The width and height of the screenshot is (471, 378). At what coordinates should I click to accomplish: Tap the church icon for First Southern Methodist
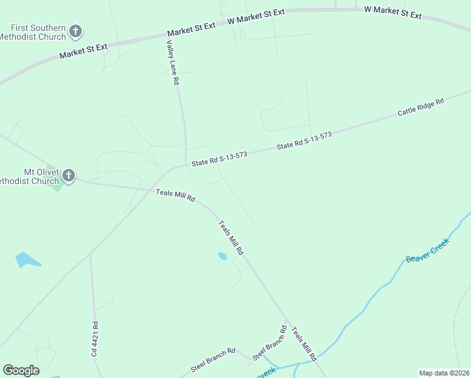pyautogui.click(x=76, y=30)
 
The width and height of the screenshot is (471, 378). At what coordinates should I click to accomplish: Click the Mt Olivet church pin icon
pyautogui.click(x=68, y=175)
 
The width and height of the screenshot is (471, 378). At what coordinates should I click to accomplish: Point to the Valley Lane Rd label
pyautogui.click(x=172, y=63)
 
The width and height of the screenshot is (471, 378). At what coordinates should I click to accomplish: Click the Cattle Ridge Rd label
pyautogui.click(x=421, y=107)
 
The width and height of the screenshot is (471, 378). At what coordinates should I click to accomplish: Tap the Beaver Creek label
pyautogui.click(x=428, y=249)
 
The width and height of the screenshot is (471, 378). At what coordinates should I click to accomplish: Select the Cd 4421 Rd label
pyautogui.click(x=95, y=340)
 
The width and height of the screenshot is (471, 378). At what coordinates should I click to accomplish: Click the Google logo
pyautogui.click(x=21, y=370)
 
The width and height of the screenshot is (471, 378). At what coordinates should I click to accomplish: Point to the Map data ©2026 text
pyautogui.click(x=443, y=373)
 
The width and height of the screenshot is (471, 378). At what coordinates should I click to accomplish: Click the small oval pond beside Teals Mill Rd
pyautogui.click(x=222, y=256)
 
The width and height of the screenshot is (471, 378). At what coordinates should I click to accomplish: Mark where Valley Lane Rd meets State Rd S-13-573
pyautogui.click(x=186, y=165)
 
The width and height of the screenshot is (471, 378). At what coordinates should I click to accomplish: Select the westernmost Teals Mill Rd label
pyautogui.click(x=176, y=195)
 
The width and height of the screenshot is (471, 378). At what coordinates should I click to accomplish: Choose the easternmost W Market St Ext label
pyautogui.click(x=393, y=12)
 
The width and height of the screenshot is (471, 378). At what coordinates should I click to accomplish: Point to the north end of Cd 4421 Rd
pyautogui.click(x=90, y=255)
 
